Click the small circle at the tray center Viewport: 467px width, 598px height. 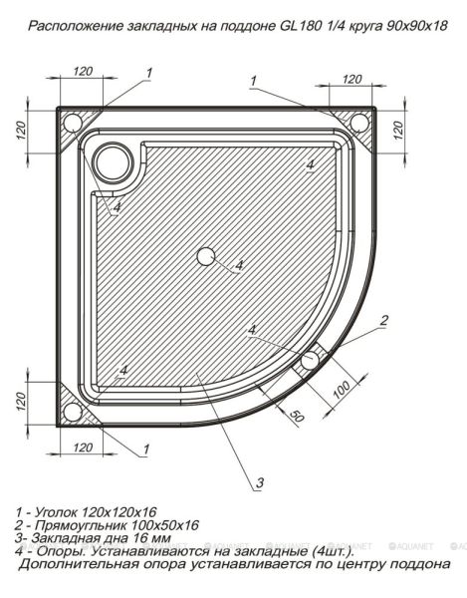coord(206,256)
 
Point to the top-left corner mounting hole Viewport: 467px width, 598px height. coord(72,124)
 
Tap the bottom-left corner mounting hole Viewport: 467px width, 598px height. coord(72,411)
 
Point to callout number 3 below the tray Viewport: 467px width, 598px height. coord(258,483)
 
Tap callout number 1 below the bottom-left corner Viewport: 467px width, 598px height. coord(146,450)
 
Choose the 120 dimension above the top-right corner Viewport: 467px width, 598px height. coord(350,79)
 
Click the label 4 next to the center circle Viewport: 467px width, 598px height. coord(239,267)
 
